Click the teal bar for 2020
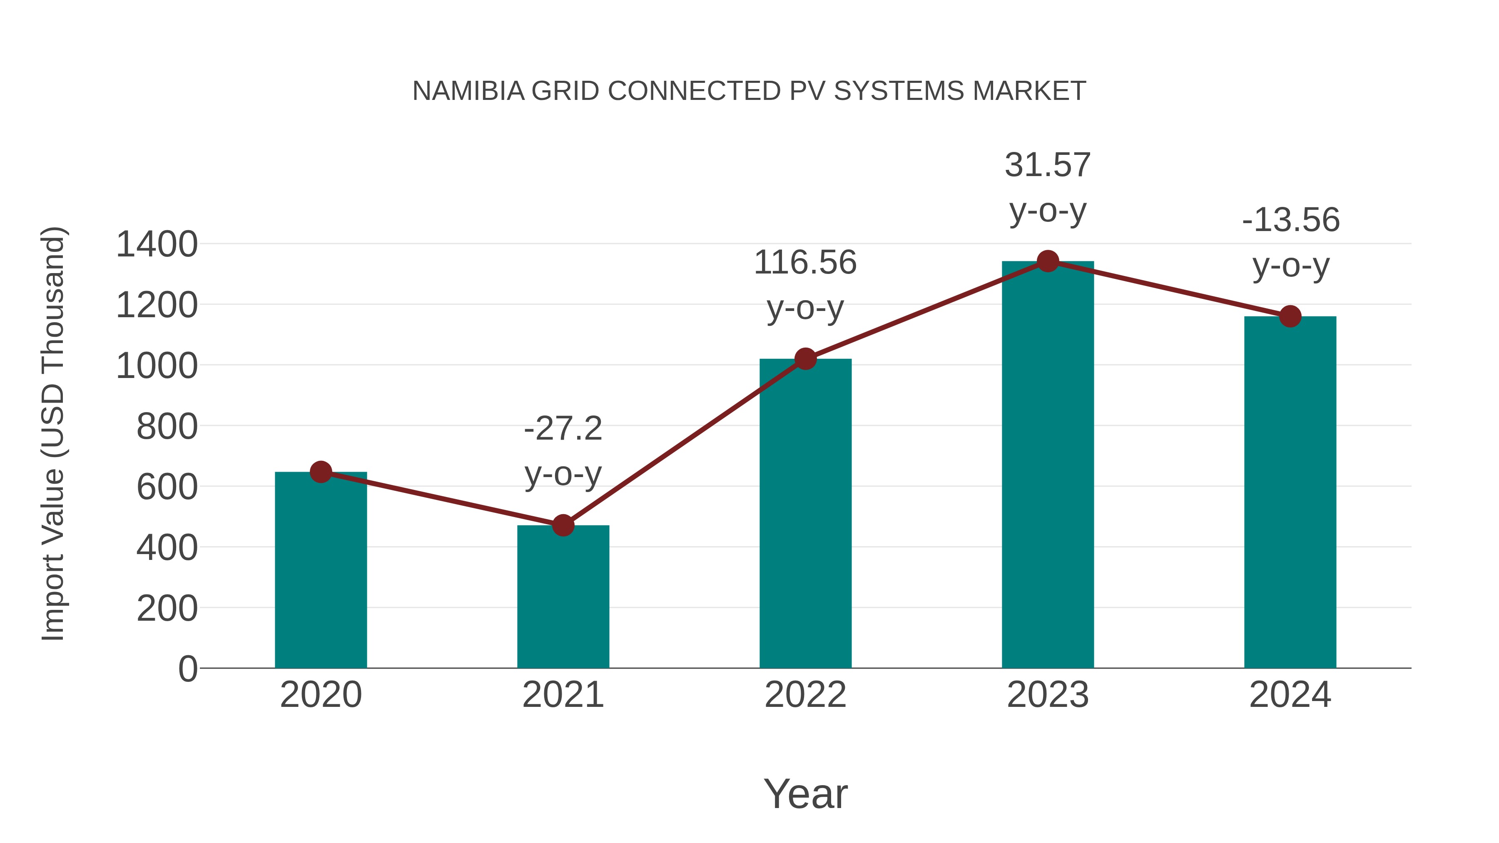point(321,570)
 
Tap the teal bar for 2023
point(1048,465)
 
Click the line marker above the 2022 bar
point(805,359)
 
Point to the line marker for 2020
point(321,472)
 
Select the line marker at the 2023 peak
point(1048,261)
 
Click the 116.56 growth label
point(805,262)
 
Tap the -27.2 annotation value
point(563,429)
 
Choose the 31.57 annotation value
point(1048,165)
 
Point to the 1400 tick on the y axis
point(157,244)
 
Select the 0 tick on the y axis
point(188,669)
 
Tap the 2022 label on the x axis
point(805,695)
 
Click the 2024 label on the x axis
point(1290,695)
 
